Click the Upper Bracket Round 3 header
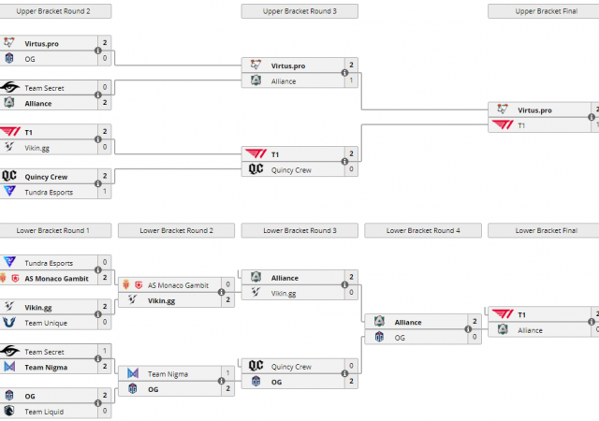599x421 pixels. click(299, 11)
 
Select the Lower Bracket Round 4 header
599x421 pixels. click(422, 230)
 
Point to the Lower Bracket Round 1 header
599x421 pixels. click(55, 230)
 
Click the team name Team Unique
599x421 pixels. click(46, 323)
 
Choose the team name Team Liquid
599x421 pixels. click(44, 411)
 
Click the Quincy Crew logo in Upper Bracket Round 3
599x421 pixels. click(256, 169)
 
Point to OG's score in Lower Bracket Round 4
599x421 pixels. click(475, 337)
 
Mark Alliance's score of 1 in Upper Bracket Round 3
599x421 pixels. click(351, 81)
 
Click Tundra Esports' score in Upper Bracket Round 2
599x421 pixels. click(105, 192)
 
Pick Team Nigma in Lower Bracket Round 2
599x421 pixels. click(166, 373)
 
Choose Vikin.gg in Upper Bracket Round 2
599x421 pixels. click(38, 147)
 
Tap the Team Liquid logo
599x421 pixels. click(9, 411)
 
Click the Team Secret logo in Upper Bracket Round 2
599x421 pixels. click(9, 87)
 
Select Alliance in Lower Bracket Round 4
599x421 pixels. click(407, 322)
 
